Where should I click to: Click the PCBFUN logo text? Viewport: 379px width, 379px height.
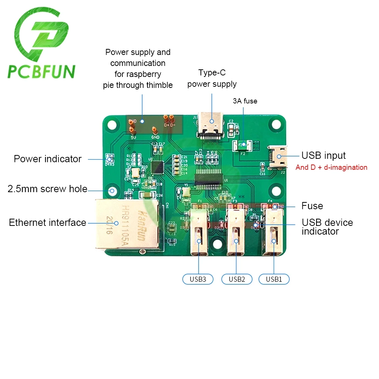(x=42, y=72)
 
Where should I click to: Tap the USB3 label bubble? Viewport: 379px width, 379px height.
(x=198, y=279)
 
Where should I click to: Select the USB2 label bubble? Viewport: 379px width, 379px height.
(x=236, y=279)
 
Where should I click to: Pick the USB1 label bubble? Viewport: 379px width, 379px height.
(x=274, y=279)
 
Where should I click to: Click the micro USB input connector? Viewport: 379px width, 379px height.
(x=278, y=157)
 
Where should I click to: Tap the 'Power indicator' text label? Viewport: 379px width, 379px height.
(x=47, y=159)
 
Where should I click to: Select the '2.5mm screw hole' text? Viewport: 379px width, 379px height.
(x=47, y=189)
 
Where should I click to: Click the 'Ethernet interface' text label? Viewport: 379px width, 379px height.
(x=47, y=222)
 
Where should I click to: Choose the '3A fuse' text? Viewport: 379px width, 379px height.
(x=245, y=101)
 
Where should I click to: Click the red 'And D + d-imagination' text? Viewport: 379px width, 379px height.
(x=331, y=167)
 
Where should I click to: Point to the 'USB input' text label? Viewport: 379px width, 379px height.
(x=323, y=155)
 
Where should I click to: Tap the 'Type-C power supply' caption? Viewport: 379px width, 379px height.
(x=212, y=78)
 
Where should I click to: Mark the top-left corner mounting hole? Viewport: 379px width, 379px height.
(x=112, y=125)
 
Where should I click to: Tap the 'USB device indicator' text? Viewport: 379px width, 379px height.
(x=327, y=227)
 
